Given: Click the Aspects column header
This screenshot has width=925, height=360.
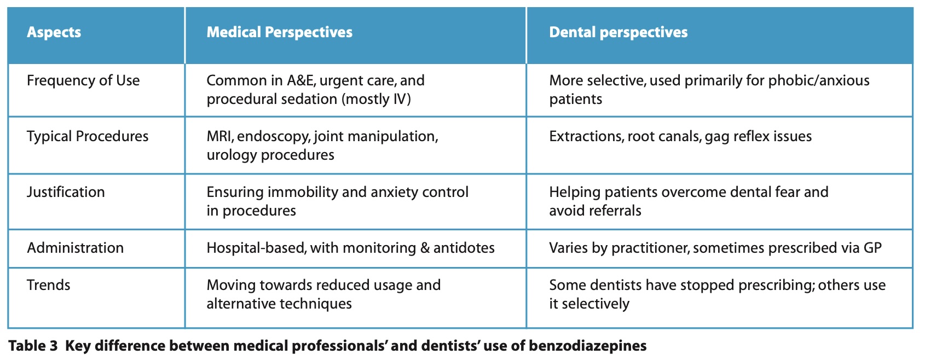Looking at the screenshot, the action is tap(54, 32).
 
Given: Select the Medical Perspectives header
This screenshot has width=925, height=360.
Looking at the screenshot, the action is tap(280, 32).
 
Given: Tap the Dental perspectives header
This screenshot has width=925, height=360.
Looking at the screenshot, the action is tap(618, 32).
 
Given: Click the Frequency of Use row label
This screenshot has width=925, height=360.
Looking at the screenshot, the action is tap(83, 80).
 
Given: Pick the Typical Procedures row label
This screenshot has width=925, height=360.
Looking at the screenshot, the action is tap(88, 136).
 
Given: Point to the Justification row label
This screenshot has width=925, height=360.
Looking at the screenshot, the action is tap(66, 192).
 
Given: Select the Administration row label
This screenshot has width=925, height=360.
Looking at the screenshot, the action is tap(75, 248).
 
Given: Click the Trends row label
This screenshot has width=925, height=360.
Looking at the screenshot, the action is tap(48, 285).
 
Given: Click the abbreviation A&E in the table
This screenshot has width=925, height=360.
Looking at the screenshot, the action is tap(301, 80).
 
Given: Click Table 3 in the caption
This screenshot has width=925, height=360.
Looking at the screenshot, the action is tap(33, 346).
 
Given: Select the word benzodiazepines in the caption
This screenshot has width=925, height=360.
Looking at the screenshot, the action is tap(588, 346).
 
